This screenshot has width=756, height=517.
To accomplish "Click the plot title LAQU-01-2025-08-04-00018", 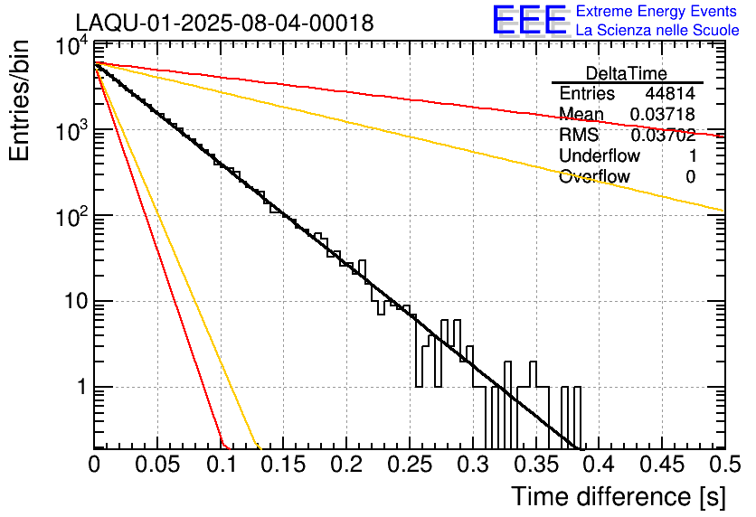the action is click(224, 23).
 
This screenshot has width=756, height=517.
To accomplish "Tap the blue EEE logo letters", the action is click(529, 20).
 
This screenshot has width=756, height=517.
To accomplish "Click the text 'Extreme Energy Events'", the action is click(657, 11).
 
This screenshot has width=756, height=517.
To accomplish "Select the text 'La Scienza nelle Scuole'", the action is click(657, 30).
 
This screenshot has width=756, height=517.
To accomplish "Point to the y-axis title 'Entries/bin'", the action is click(19, 100).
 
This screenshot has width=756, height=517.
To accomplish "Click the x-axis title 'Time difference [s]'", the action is click(619, 496).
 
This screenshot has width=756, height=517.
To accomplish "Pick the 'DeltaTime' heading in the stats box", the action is click(627, 73).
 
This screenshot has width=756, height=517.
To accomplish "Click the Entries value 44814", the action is click(670, 93).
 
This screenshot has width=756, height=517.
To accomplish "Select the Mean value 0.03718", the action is click(663, 114).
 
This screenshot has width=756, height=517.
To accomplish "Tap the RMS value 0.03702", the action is click(663, 135).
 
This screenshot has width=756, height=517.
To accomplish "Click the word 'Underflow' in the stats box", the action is click(600, 155).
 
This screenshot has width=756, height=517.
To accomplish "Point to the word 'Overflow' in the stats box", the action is click(594, 176).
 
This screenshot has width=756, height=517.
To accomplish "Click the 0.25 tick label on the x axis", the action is click(410, 465).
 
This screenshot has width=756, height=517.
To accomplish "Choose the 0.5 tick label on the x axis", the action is click(725, 465).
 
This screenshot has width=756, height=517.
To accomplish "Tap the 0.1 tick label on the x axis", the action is click(221, 465).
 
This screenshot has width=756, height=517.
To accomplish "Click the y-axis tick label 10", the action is click(76, 302).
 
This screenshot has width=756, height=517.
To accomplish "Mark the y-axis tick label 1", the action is click(82, 387).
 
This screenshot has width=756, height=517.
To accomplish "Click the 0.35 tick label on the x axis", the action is click(536, 465).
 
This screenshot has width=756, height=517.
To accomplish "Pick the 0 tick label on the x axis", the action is click(94, 465).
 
